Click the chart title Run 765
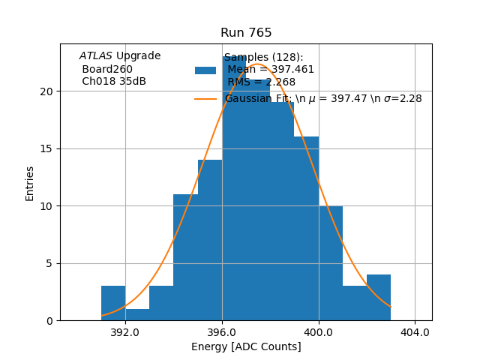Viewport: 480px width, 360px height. coord(246,33)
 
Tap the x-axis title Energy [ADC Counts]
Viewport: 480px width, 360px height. coord(246,346)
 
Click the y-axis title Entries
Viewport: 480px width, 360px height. coord(30,183)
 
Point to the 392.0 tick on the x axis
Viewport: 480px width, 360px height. coord(125,331)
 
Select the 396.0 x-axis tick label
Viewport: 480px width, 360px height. coord(222,331)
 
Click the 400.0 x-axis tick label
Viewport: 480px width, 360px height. coord(319,331)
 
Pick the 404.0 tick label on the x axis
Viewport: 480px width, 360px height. coord(415,331)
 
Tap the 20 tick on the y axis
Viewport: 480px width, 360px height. coord(47,91)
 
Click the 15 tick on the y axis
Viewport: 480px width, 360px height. coord(47,148)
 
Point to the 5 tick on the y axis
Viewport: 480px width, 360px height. coord(50,263)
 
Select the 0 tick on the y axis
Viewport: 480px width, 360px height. coord(50,320)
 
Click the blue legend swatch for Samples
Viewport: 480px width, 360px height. coord(205,70)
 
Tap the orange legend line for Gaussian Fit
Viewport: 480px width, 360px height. coord(205,99)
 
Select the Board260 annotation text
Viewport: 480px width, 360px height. coord(107,70)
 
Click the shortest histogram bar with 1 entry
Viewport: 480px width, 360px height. coord(137,315)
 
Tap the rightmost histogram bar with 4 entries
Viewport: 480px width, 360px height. coord(379,298)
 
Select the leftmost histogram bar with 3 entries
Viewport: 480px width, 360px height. coord(113,303)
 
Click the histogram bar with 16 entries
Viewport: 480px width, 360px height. coord(306,229)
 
